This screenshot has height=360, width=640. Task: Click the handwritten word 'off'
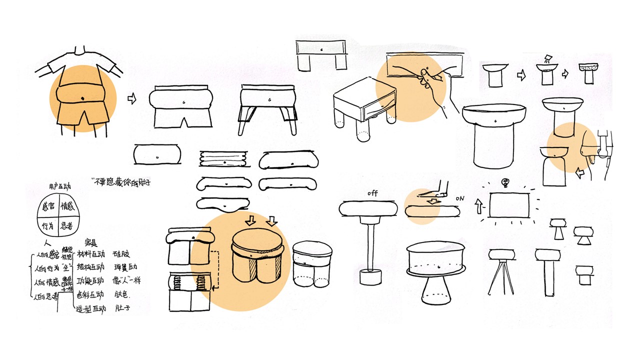pyautogui.click(x=372, y=193)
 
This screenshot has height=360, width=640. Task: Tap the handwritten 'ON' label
pyautogui.click(x=460, y=198)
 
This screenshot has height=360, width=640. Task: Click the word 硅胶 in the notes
pyautogui.click(x=121, y=254)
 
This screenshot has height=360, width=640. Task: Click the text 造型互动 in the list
pyautogui.click(x=90, y=309)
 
